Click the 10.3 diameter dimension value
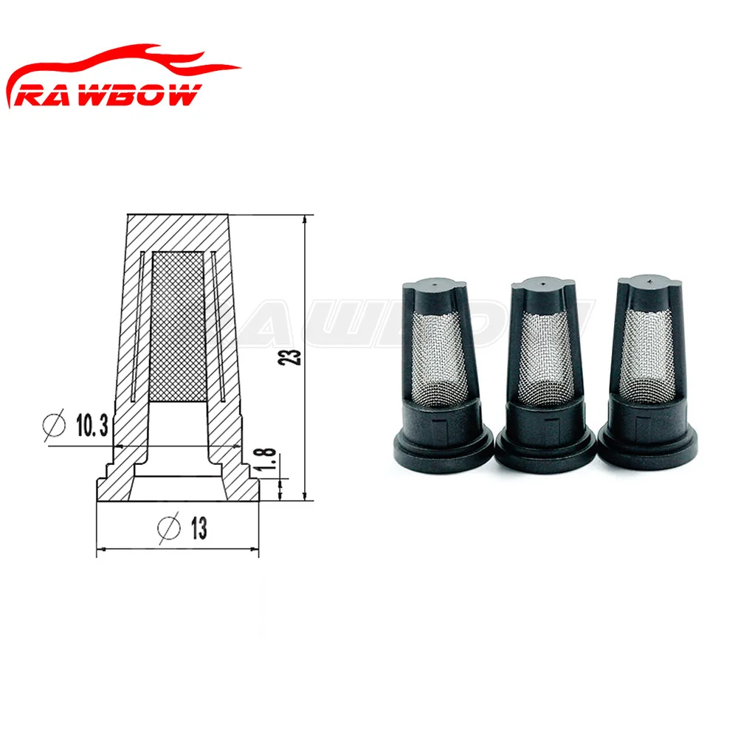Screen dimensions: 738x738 [x=92, y=425]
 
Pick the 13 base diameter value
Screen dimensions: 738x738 [x=199, y=528]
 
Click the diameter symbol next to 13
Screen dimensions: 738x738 [x=169, y=528]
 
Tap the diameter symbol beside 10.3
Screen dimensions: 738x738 [x=54, y=424]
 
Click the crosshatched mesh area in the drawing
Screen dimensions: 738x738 [x=177, y=326]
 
